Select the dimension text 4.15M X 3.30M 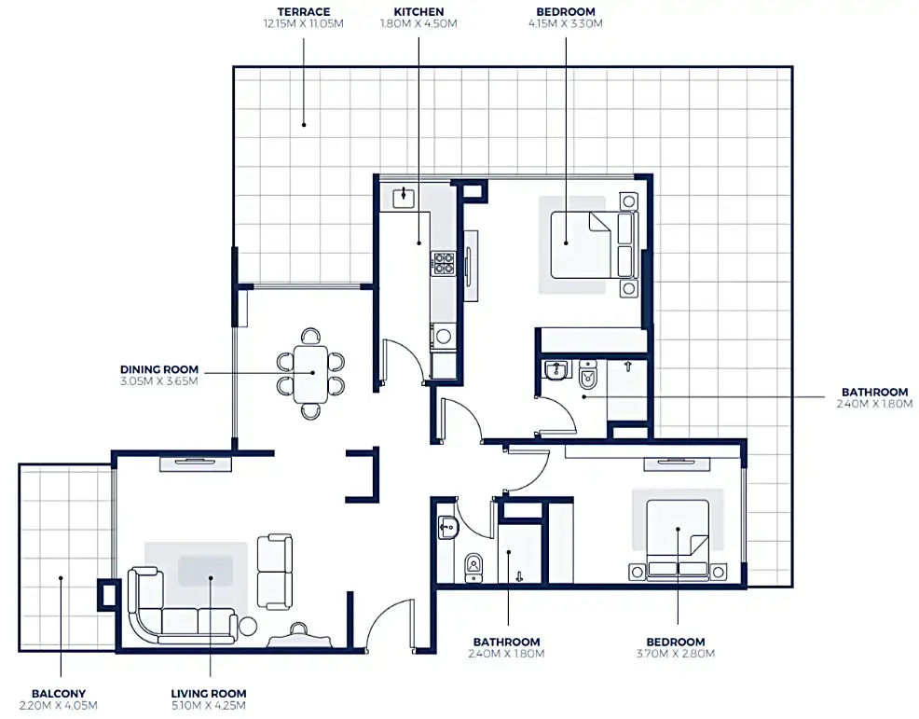point(565,24)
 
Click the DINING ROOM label point(158,368)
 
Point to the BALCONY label point(59,693)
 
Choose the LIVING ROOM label point(209,693)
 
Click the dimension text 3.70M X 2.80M point(676,655)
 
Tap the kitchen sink point(405,197)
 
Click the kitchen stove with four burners point(443,262)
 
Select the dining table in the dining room point(311,373)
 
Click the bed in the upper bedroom point(582,244)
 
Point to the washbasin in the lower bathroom point(447,529)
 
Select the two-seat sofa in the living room point(275,572)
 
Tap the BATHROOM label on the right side point(874,392)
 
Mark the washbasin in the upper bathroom point(556,371)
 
